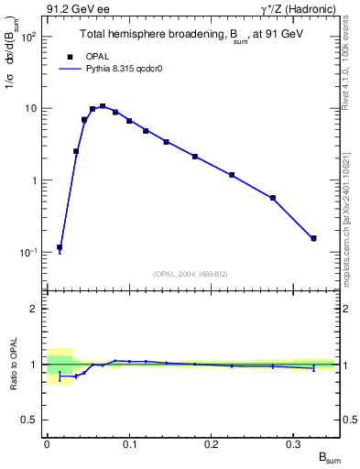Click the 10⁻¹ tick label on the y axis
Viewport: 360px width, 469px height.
click(29, 252)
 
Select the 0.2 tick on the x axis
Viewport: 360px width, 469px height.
click(213, 443)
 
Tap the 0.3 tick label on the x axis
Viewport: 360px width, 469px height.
click(295, 443)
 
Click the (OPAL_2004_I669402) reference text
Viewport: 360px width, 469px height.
click(190, 273)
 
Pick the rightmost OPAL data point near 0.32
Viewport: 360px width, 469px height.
click(313, 238)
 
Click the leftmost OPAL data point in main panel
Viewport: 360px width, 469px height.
click(60, 247)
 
